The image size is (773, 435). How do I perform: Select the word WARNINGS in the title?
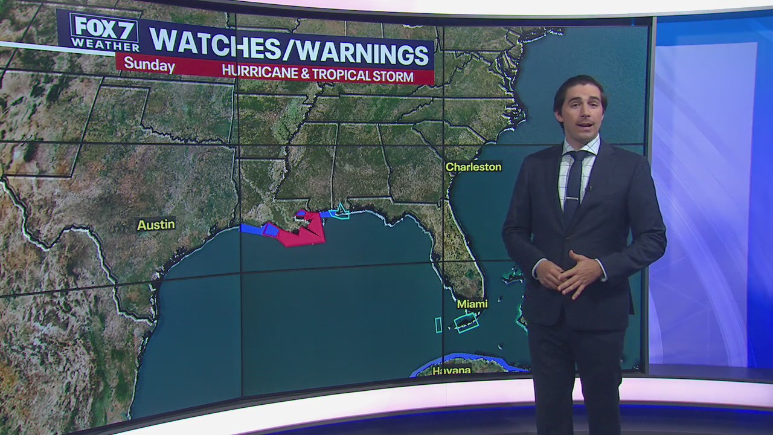pos(362,53)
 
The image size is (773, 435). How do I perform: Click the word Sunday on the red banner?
pos(149,65)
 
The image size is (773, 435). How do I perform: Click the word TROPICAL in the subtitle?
pos(339,75)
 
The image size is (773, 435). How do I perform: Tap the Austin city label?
pos(156,225)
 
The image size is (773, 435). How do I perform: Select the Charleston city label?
pos(473,167)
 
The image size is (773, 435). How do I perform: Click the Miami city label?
pos(472,303)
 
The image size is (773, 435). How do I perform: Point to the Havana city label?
pos(451,370)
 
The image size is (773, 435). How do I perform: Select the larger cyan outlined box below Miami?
pos(466,323)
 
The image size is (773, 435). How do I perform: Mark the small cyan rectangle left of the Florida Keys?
pos(438,324)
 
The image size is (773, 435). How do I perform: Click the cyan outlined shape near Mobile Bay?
pos(341,211)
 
